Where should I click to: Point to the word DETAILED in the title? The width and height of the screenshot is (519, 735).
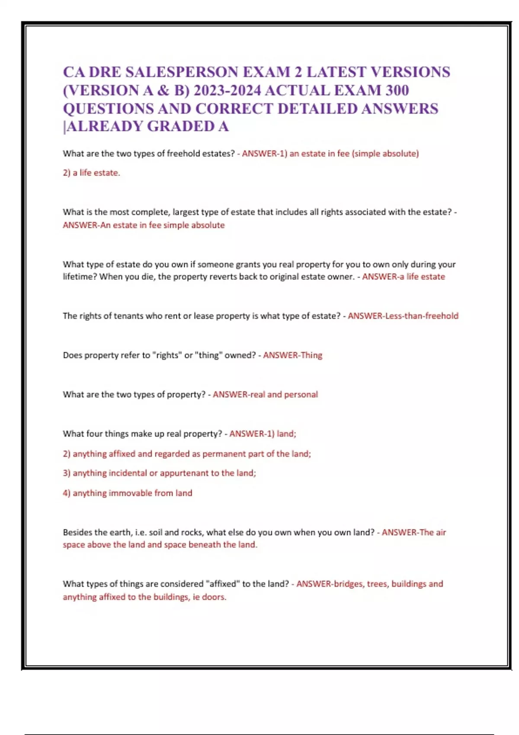317,109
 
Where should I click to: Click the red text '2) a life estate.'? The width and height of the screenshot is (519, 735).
91,173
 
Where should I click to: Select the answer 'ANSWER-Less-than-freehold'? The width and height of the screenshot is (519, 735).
403,316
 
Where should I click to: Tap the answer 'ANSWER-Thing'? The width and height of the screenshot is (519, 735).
293,355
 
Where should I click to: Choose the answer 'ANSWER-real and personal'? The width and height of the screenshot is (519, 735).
265,395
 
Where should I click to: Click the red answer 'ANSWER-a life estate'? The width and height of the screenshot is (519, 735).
404,277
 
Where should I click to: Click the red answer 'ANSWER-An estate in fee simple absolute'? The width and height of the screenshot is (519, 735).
144,225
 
